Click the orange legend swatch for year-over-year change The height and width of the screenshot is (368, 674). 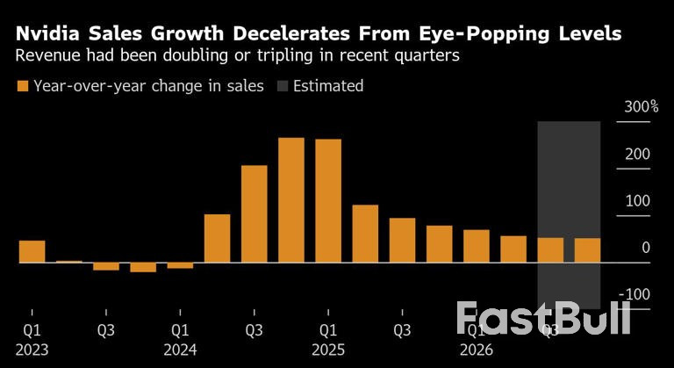[x=22, y=86]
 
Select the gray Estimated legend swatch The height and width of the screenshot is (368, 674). [x=283, y=86]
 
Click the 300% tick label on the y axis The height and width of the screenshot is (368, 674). [x=642, y=107]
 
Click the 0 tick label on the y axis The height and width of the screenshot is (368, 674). [x=646, y=249]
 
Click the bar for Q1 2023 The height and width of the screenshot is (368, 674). [x=32, y=251]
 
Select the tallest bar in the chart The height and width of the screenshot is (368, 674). [x=291, y=200]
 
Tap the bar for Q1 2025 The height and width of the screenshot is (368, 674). [x=328, y=201]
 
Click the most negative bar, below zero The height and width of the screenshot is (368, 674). [x=143, y=267]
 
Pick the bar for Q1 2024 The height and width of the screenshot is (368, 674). [x=180, y=265]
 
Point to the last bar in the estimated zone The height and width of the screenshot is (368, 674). [x=587, y=250]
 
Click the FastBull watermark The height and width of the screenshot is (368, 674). [x=544, y=318]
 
